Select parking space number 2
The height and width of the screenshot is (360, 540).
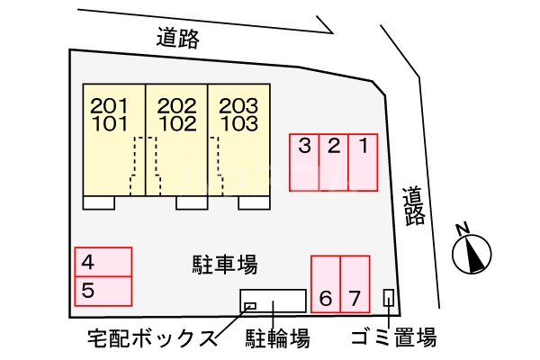click(x=333, y=163)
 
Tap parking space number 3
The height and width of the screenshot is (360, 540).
click(x=304, y=163)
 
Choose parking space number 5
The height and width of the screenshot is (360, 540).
click(x=103, y=290)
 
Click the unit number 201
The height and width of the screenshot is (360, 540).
click(x=110, y=106)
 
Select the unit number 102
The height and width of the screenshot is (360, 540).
click(x=176, y=122)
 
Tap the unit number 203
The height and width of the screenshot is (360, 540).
click(x=238, y=106)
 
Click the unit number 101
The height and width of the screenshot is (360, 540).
click(x=110, y=122)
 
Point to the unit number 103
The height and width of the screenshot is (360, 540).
click(x=238, y=122)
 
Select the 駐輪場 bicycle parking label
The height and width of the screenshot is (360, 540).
click(x=278, y=338)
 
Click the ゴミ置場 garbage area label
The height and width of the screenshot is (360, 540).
click(x=394, y=338)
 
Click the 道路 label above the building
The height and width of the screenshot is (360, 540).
click(x=176, y=38)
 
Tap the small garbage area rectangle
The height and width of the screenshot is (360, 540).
click(x=389, y=296)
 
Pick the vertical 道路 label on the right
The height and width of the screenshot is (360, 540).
click(x=414, y=205)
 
